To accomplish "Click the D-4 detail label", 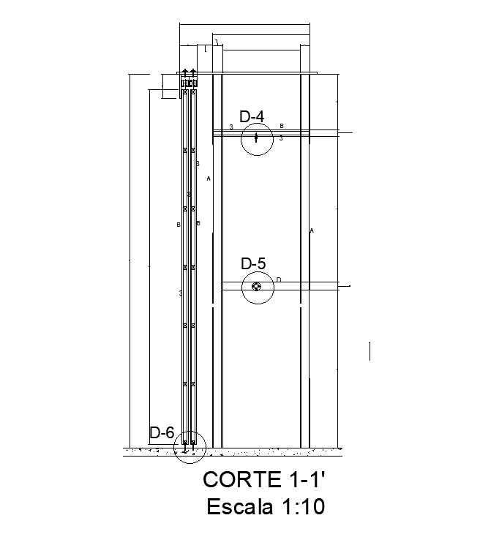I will tap(252, 116).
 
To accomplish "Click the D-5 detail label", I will tap(253, 263).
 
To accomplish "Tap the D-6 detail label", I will tap(161, 432).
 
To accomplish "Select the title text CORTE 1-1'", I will tap(263, 480).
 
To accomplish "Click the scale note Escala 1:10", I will tap(265, 506).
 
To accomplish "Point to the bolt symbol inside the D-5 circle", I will tap(256, 287).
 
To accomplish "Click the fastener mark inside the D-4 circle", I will tap(256, 138).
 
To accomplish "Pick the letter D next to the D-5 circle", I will tap(279, 279).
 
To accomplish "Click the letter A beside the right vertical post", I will tap(312, 230).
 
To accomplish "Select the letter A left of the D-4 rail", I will tap(209, 178).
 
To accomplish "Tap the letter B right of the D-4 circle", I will tap(281, 126).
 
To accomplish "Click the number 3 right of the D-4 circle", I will tap(281, 138).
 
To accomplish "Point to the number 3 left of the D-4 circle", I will tap(231, 127).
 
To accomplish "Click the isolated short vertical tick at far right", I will tap(370, 352).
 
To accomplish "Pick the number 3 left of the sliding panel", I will tap(180, 293).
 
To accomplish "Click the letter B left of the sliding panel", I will tap(178, 225).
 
